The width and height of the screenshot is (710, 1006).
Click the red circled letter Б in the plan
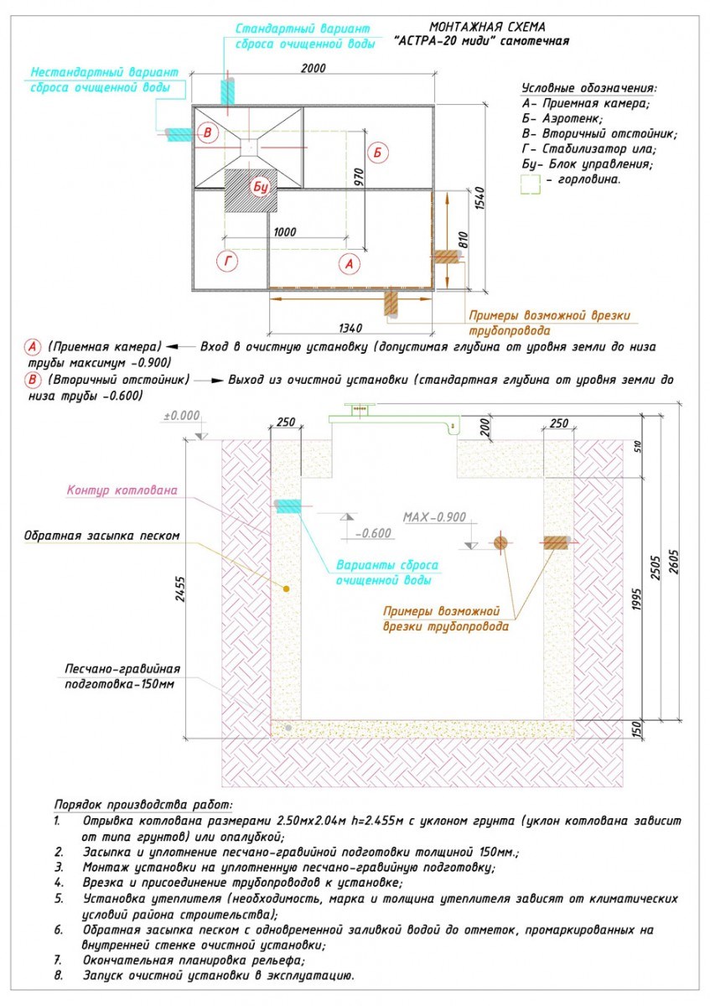coord(378,153)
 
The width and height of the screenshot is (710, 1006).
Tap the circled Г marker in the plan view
coord(227,262)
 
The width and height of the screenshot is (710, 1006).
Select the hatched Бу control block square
coord(251,189)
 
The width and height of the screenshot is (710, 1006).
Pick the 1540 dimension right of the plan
coord(479,199)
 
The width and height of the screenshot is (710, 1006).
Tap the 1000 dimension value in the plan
coord(286,231)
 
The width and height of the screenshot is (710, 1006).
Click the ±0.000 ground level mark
coord(182,416)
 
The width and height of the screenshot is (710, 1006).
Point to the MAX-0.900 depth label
coord(434,517)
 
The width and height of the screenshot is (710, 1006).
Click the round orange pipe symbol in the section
coord(500,542)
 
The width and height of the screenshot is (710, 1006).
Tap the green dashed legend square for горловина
coord(530,183)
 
